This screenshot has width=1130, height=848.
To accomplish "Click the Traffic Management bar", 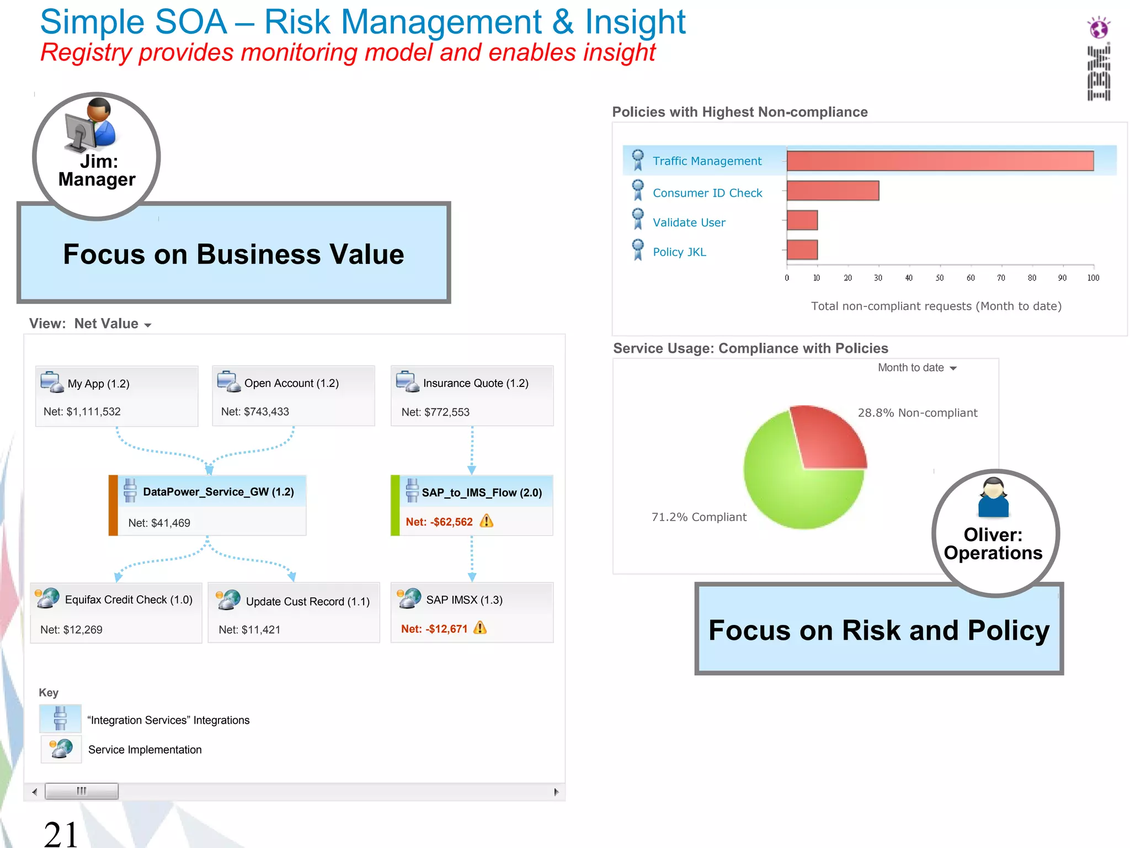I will point(940,161).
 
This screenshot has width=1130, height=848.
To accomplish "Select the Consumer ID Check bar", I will point(833,191).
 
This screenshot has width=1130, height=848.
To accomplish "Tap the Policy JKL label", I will point(679,252).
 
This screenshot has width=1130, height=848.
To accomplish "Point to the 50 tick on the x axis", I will point(939,278).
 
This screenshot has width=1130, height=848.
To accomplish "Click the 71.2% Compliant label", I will point(699,517).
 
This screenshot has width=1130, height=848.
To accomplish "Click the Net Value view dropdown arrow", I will point(148,325).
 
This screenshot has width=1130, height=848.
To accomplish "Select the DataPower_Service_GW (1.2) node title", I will point(218,492).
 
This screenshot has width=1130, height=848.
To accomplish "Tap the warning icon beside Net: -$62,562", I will point(487,521).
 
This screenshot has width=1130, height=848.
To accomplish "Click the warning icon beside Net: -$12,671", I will point(480,628).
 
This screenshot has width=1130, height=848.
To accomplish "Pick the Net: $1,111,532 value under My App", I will point(82,411).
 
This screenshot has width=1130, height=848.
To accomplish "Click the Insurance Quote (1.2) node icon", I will point(408,382).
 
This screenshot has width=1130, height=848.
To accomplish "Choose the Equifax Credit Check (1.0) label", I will point(129,600).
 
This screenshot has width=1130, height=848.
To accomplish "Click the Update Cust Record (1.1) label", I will point(307,601).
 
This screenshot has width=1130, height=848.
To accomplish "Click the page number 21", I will point(61,833).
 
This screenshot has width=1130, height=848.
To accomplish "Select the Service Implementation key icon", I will point(61,749).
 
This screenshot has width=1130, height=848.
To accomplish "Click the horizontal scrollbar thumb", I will point(82,791).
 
